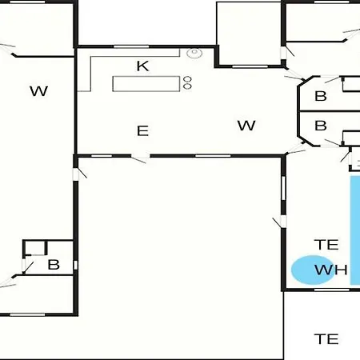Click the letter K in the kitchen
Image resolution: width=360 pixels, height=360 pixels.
pos(142,66)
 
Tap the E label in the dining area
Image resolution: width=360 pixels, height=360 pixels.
pos(142,131)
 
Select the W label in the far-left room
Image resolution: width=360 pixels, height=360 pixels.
pos(39,91)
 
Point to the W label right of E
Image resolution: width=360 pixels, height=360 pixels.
pos(246,126)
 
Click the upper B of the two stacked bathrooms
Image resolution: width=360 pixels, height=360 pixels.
pos(321,96)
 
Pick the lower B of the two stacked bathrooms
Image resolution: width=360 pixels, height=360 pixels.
pos(321,126)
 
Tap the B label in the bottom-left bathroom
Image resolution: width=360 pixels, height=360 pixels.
pos(54,265)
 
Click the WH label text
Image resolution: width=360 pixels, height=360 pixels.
pos(331,270)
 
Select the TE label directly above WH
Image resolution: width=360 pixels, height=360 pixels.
pos(326,245)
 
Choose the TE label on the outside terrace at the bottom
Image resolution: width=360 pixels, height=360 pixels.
pos(326,339)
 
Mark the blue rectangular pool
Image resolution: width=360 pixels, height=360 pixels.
pos(355,230)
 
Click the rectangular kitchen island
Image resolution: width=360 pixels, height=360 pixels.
pos(146,84)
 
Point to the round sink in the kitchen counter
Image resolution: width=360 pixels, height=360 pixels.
pos(194,53)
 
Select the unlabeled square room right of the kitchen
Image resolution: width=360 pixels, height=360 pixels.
pos(249,34)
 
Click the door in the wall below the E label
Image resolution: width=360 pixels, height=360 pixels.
pos(140,158)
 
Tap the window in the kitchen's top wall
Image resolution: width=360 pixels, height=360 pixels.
pos(131,46)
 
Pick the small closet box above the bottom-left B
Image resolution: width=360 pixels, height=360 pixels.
pos(35,248)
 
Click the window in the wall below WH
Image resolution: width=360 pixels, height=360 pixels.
pos(331,290)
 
